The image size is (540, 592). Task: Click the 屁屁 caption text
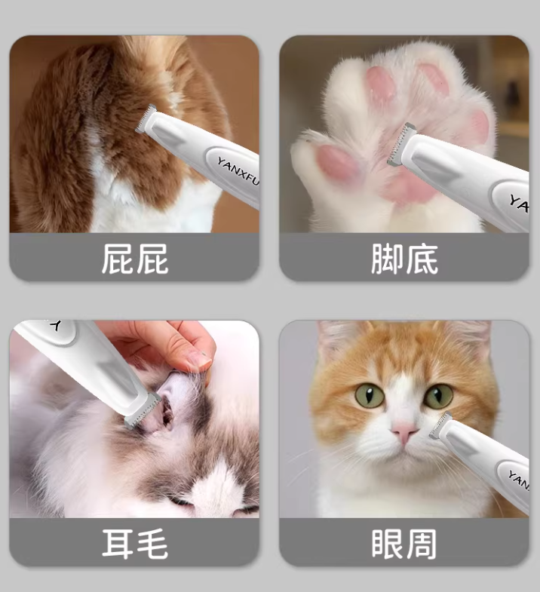coord(135,259)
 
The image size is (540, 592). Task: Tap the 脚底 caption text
coord(404,259)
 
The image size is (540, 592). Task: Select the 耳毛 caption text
coord(135,544)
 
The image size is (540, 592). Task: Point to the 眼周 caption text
coord(404,544)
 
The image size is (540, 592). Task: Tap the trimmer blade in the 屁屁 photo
coord(146,118)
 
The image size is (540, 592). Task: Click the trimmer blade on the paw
coord(399,145)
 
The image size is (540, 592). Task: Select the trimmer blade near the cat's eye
coord(440,425)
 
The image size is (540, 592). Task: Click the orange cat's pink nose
coord(404,431)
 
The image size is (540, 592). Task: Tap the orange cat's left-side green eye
coord(370,395)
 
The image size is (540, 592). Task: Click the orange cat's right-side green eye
coord(438,396)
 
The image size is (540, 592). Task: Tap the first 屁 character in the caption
coord(117,259)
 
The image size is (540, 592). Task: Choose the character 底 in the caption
coord(422,259)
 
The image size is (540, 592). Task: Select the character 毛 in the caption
coord(152,544)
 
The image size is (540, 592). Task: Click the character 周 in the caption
coord(422,544)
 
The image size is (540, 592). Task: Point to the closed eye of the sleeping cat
coord(180,502)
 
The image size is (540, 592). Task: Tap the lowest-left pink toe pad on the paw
coord(337,161)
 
